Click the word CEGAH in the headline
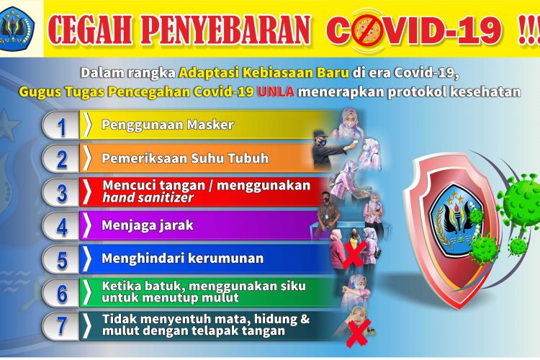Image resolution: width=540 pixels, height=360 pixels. click(x=90, y=30)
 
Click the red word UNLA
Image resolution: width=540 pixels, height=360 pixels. click(x=276, y=91)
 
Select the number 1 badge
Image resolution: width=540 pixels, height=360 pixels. click(x=61, y=125)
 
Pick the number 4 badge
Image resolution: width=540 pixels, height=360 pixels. click(x=61, y=226)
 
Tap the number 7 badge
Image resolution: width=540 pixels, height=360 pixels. click(x=61, y=326)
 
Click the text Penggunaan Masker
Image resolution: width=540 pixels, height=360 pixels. click(x=168, y=125)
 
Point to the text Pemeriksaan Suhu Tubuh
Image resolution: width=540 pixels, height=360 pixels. click(x=185, y=158)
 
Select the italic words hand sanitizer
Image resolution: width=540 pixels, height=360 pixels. click(x=148, y=198)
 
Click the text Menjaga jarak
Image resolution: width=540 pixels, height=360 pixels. click(x=148, y=225)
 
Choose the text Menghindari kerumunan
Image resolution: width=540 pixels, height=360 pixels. click(x=183, y=258)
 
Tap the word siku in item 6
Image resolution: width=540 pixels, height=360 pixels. click(x=293, y=286)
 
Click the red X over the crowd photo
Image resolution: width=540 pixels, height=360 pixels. click(x=354, y=254)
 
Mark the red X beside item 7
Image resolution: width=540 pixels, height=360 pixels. click(x=358, y=333)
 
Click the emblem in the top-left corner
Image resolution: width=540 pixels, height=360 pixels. click(x=16, y=29)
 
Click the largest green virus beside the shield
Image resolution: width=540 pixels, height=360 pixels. click(x=520, y=202)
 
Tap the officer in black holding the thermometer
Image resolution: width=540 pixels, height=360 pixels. click(x=327, y=150)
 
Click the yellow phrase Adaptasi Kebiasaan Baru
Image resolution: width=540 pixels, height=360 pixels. click(x=264, y=73)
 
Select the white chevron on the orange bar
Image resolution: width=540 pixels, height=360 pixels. click(x=88, y=158)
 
